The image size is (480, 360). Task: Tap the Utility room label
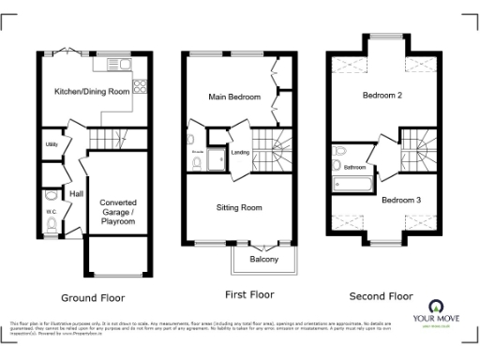click(x=52, y=145)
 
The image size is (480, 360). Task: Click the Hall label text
click(x=77, y=193)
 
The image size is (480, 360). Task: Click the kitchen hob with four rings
click(x=142, y=86)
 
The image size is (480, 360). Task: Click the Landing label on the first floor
click(x=239, y=152)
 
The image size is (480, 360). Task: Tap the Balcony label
click(x=263, y=260)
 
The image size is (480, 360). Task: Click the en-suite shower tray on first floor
click(x=217, y=158)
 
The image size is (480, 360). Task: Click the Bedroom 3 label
click(x=400, y=199)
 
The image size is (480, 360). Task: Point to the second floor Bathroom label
click(x=354, y=168)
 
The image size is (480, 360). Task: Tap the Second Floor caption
click(x=381, y=296)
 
